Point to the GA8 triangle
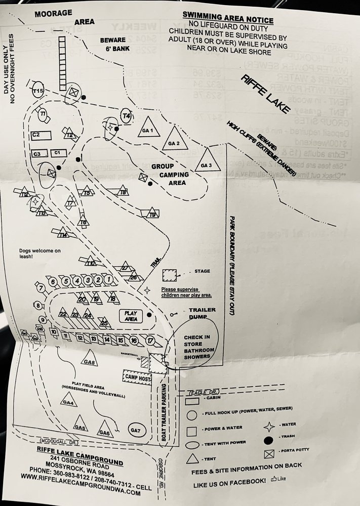90,359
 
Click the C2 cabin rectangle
42,135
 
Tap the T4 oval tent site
127,116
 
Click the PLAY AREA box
130,316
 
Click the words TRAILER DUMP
202,314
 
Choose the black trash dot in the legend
271,436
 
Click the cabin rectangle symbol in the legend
192,401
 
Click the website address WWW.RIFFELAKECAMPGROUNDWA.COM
81,491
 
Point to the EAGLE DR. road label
200,392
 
